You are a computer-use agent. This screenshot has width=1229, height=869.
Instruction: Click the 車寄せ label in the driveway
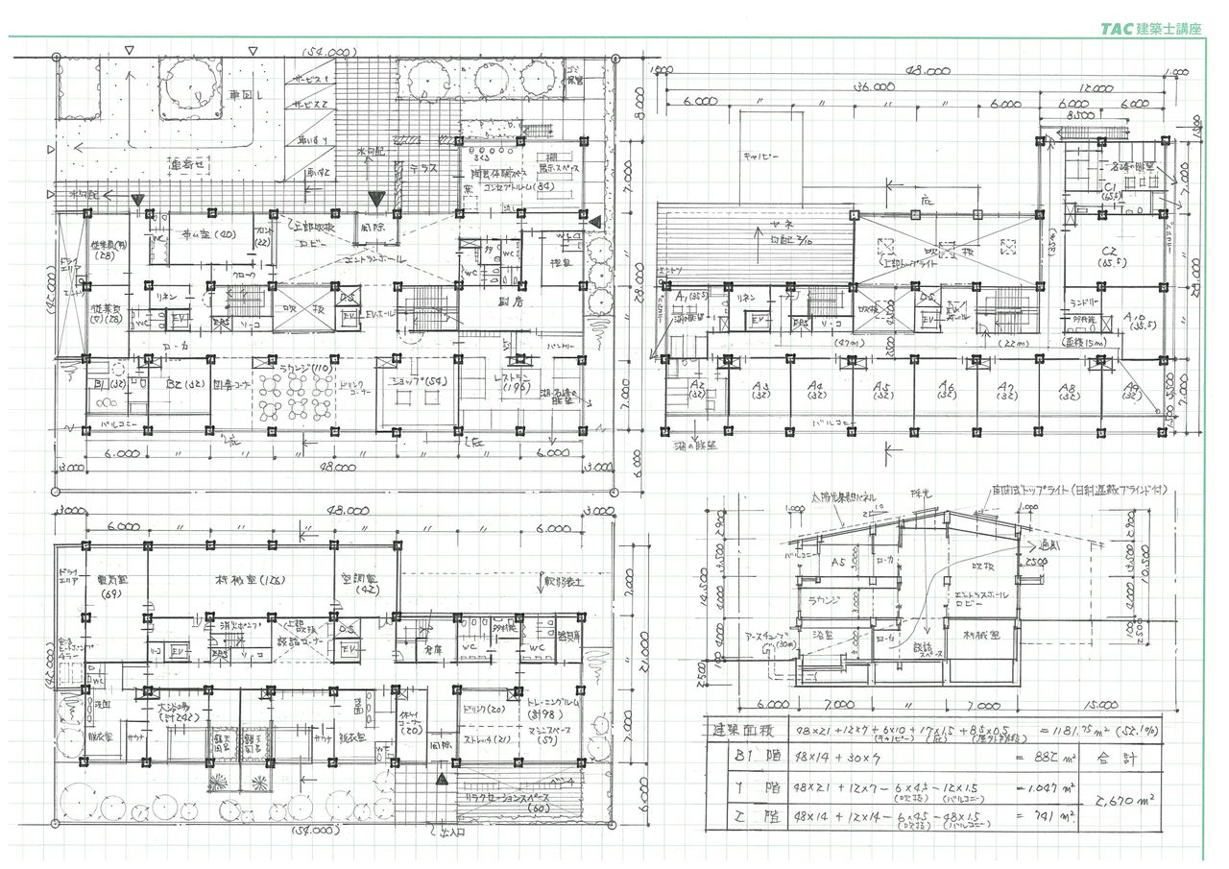[x=188, y=164]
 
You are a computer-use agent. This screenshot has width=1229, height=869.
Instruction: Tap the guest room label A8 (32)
[x=1067, y=389]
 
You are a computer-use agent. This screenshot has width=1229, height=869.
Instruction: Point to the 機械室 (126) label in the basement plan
[x=235, y=580]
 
